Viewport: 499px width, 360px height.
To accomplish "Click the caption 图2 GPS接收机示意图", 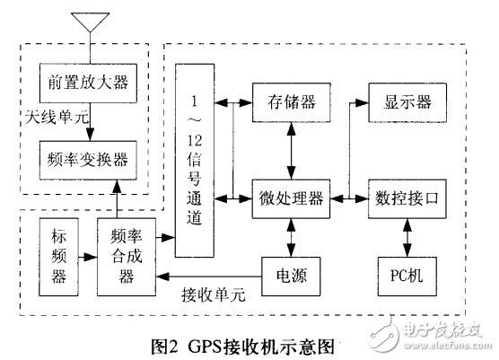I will (249, 344).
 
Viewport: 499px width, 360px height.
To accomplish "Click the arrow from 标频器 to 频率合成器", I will (89, 258).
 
